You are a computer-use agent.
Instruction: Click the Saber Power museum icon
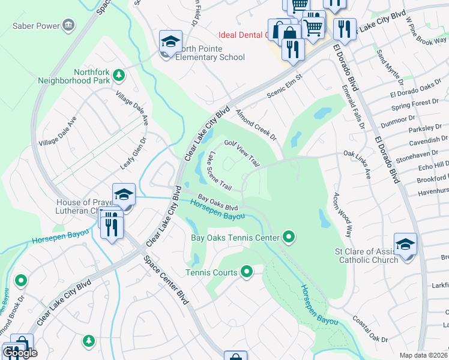pos(68,25)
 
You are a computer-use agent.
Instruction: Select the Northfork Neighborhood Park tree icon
pos(119,75)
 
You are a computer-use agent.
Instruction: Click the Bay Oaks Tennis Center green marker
pos(289,238)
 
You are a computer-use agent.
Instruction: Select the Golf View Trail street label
pos(242,153)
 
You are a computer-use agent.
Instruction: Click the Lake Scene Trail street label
pos(219,170)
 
